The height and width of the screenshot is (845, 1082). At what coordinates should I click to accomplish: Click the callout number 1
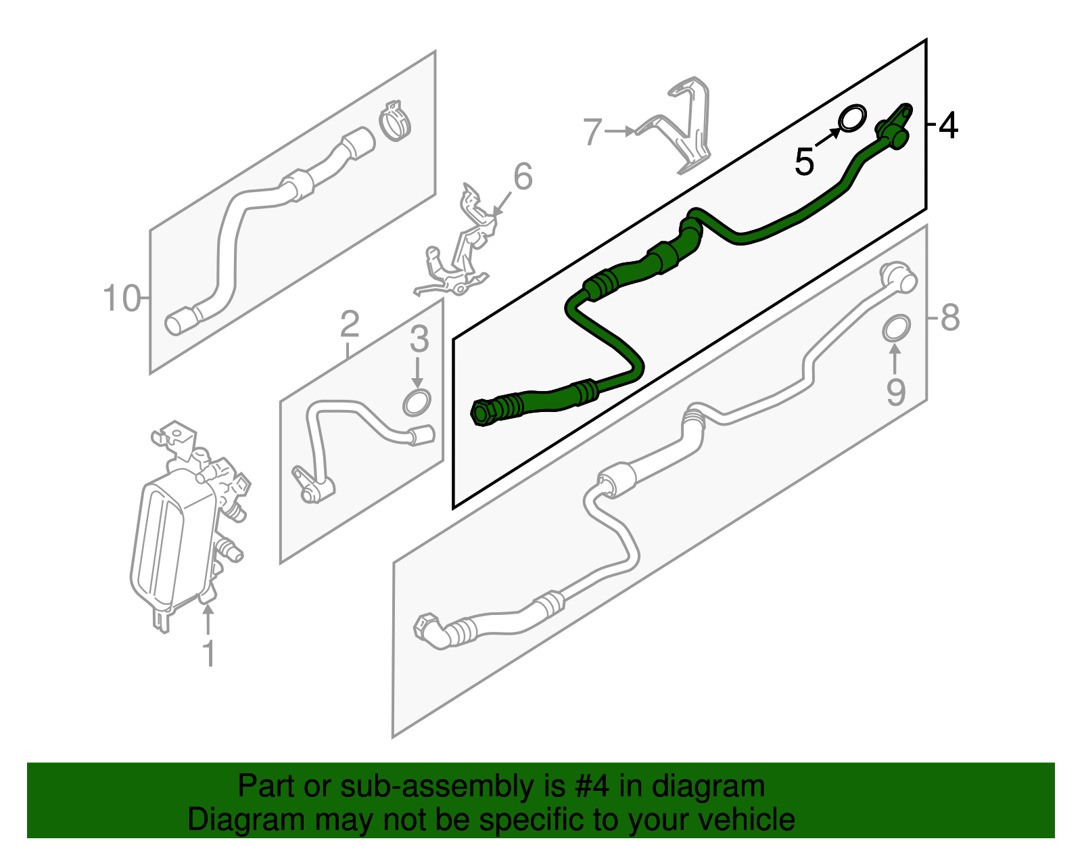(x=210, y=653)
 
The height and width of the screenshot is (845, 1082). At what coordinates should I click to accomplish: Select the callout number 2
(x=350, y=323)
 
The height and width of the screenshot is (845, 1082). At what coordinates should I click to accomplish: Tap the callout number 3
(x=419, y=339)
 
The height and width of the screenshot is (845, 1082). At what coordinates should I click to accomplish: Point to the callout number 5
(x=804, y=161)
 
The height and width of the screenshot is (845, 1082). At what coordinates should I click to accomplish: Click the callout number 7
(x=592, y=131)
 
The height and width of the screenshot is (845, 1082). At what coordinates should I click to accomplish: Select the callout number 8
(x=950, y=317)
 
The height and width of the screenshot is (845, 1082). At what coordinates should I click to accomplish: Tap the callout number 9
(x=895, y=392)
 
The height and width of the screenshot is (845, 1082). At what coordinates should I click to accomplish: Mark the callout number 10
(x=122, y=298)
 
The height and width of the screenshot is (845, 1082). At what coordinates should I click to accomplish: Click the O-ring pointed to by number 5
(x=852, y=118)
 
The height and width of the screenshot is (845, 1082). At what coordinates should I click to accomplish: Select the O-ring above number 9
(x=896, y=329)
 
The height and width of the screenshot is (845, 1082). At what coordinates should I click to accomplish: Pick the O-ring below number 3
(x=417, y=403)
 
